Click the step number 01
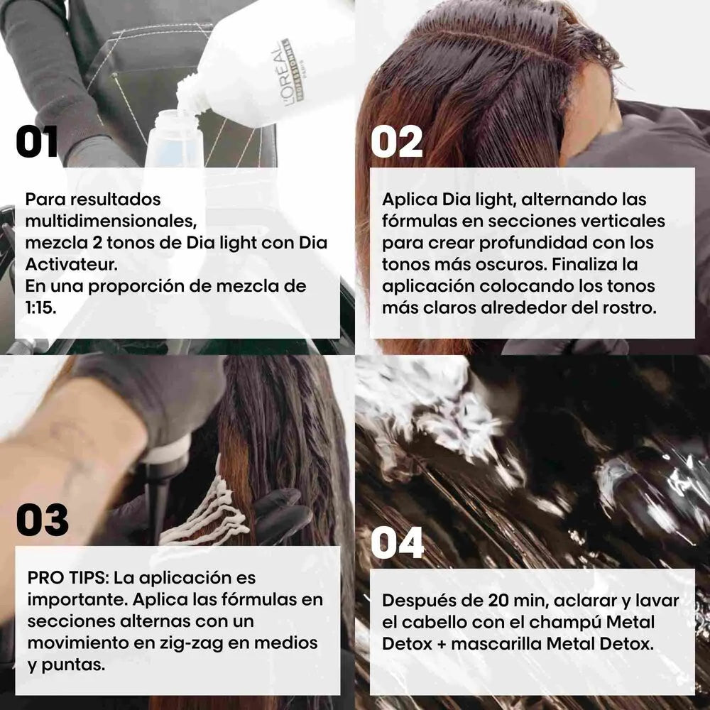click(x=37, y=142)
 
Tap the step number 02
click(x=397, y=142)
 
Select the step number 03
click(x=42, y=520)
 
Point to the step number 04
click(x=397, y=542)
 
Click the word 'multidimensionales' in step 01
click(x=111, y=221)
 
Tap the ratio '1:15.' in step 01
click(x=40, y=308)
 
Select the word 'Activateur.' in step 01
click(x=72, y=264)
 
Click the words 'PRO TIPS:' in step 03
click(x=68, y=578)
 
